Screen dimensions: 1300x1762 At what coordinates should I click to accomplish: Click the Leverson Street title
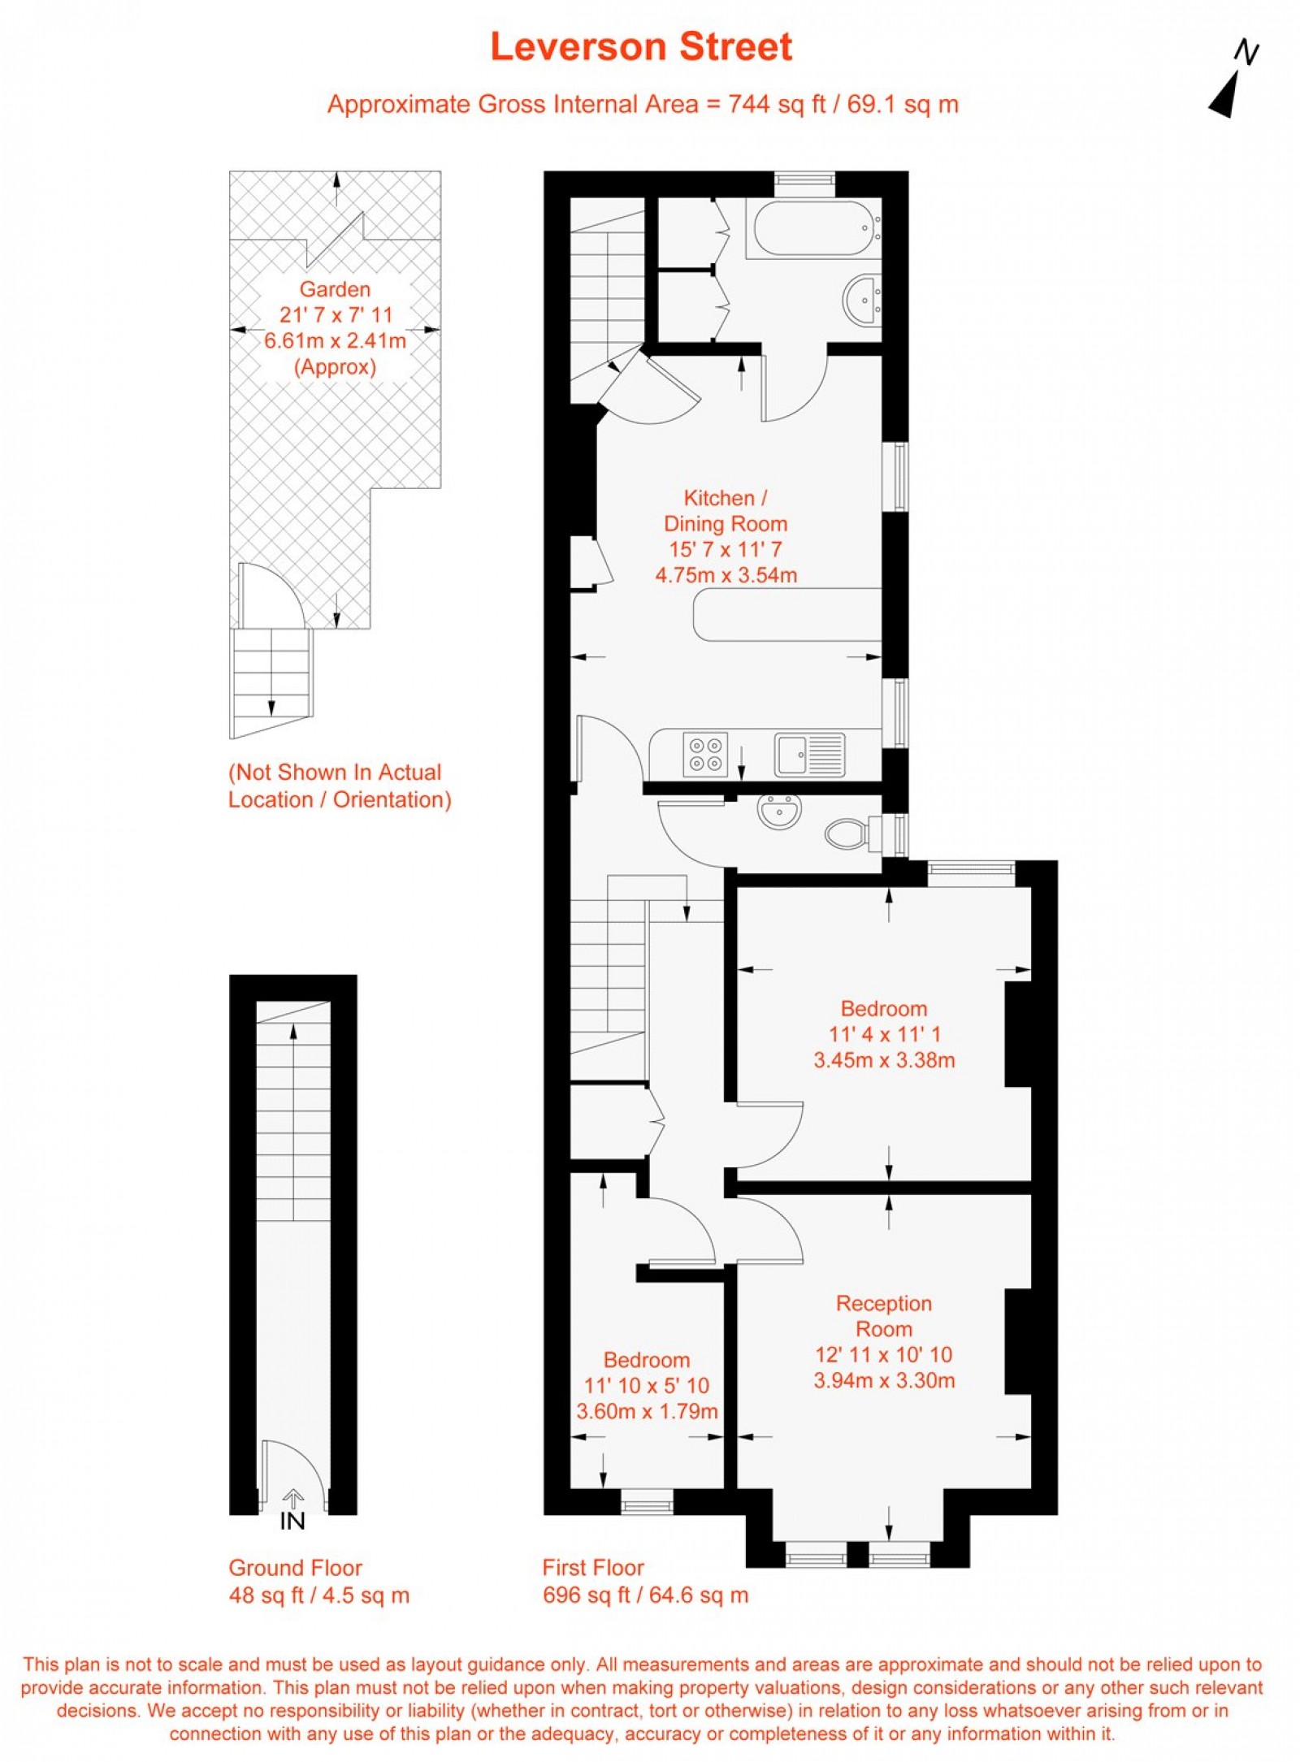pyautogui.click(x=641, y=47)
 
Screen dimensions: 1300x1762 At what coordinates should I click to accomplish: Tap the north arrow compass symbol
pyautogui.click(x=1232, y=81)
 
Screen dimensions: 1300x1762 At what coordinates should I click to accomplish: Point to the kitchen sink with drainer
pyautogui.click(x=809, y=755)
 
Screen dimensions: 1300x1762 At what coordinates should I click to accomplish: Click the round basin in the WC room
pyautogui.click(x=780, y=812)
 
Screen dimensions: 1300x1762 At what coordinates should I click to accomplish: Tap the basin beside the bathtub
pyautogui.click(x=862, y=299)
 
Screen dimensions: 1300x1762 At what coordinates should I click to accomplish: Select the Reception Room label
pyautogui.click(x=884, y=1316)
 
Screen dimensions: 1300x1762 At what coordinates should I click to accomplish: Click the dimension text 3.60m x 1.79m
pyautogui.click(x=647, y=1411)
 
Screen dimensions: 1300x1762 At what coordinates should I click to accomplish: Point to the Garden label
pyautogui.click(x=335, y=289)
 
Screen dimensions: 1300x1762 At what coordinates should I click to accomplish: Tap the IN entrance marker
pyautogui.click(x=292, y=1521)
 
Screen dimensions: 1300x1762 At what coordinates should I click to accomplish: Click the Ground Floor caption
pyautogui.click(x=295, y=1568)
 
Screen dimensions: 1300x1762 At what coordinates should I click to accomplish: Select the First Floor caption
pyautogui.click(x=593, y=1568)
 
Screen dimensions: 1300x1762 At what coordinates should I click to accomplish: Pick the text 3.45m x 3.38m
pyautogui.click(x=884, y=1060)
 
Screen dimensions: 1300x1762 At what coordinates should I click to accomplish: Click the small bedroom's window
pyautogui.click(x=647, y=1504)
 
